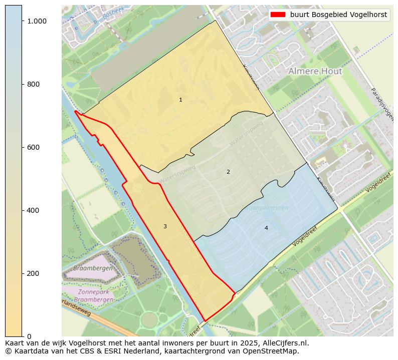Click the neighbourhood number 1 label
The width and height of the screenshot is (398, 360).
pyautogui.click(x=180, y=100)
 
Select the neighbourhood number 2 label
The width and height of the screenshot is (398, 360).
pyautogui.click(x=228, y=172)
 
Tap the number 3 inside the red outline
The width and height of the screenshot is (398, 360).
pyautogui.click(x=165, y=227)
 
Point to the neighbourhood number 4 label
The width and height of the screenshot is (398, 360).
pyautogui.click(x=266, y=228)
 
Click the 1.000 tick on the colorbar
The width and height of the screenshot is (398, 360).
pyautogui.click(x=37, y=21)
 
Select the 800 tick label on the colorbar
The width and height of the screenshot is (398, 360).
pyautogui.click(x=33, y=84)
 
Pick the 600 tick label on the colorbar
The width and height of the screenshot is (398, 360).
pyautogui.click(x=33, y=147)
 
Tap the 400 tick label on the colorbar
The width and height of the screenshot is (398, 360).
pyautogui.click(x=33, y=210)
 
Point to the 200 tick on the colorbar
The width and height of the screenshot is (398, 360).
pyautogui.click(x=33, y=273)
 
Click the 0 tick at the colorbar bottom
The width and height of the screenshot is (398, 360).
pyautogui.click(x=29, y=336)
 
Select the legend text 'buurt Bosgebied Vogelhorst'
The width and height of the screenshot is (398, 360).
pyautogui.click(x=338, y=15)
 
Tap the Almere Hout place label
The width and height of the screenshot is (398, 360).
pyautogui.click(x=315, y=72)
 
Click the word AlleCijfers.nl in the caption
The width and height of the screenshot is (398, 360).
pyautogui.click(x=283, y=343)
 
